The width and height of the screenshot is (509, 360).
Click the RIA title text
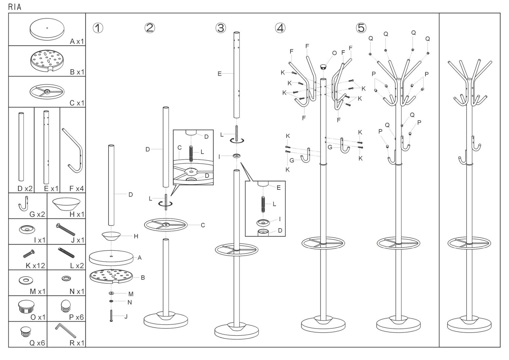click(15, 7)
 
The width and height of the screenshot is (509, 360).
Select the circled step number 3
click(221, 28)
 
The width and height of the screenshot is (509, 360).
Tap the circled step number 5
click(361, 28)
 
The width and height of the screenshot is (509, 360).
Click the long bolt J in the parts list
click(66, 230)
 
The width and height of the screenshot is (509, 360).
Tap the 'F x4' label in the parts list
click(76, 188)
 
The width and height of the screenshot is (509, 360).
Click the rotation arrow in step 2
click(166, 204)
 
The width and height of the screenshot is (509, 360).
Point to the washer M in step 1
click(111, 293)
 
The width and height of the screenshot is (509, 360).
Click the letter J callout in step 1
click(126, 317)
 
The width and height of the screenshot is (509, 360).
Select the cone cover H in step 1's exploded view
click(111, 236)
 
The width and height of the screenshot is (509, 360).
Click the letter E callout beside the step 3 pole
click(220, 74)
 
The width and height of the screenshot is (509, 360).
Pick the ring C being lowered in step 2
click(166, 225)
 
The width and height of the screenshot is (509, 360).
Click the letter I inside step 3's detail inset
click(280, 219)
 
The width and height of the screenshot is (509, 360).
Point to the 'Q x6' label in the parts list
click(37, 343)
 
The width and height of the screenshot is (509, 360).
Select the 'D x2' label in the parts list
click(25, 188)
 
